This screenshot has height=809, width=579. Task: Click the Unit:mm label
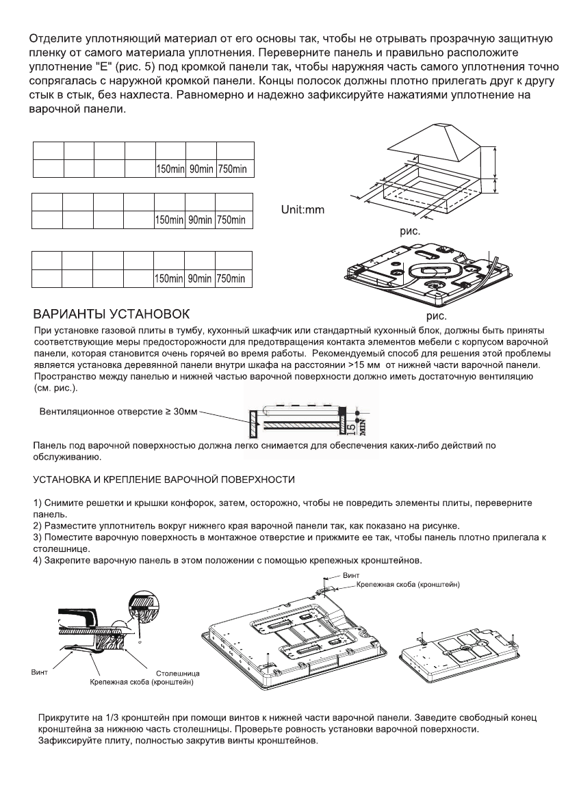303,209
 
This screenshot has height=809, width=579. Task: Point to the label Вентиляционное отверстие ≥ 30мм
118,413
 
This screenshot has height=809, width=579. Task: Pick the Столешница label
175,674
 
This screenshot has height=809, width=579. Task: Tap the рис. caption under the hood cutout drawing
411,231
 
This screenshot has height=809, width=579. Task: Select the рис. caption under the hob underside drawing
437,316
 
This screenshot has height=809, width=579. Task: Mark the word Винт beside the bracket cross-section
41,673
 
